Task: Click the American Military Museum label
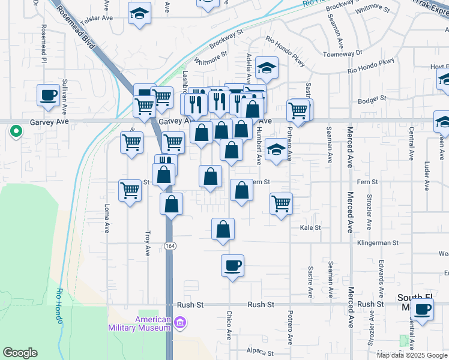coord(140,323)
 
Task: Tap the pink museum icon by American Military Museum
coord(179,324)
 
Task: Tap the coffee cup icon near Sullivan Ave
coord(48,94)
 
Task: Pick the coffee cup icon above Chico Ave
coord(232,265)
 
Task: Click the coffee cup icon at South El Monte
coord(423,309)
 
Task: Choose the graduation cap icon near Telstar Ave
coord(139,13)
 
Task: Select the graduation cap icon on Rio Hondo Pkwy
coord(267,68)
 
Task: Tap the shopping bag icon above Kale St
coord(223,229)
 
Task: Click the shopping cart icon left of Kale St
coord(281,203)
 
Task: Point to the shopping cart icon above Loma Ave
coord(130,190)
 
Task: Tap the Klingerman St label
coord(378,243)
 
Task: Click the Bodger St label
coord(373,98)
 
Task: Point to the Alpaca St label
coord(261,353)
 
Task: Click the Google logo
coord(20,353)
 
